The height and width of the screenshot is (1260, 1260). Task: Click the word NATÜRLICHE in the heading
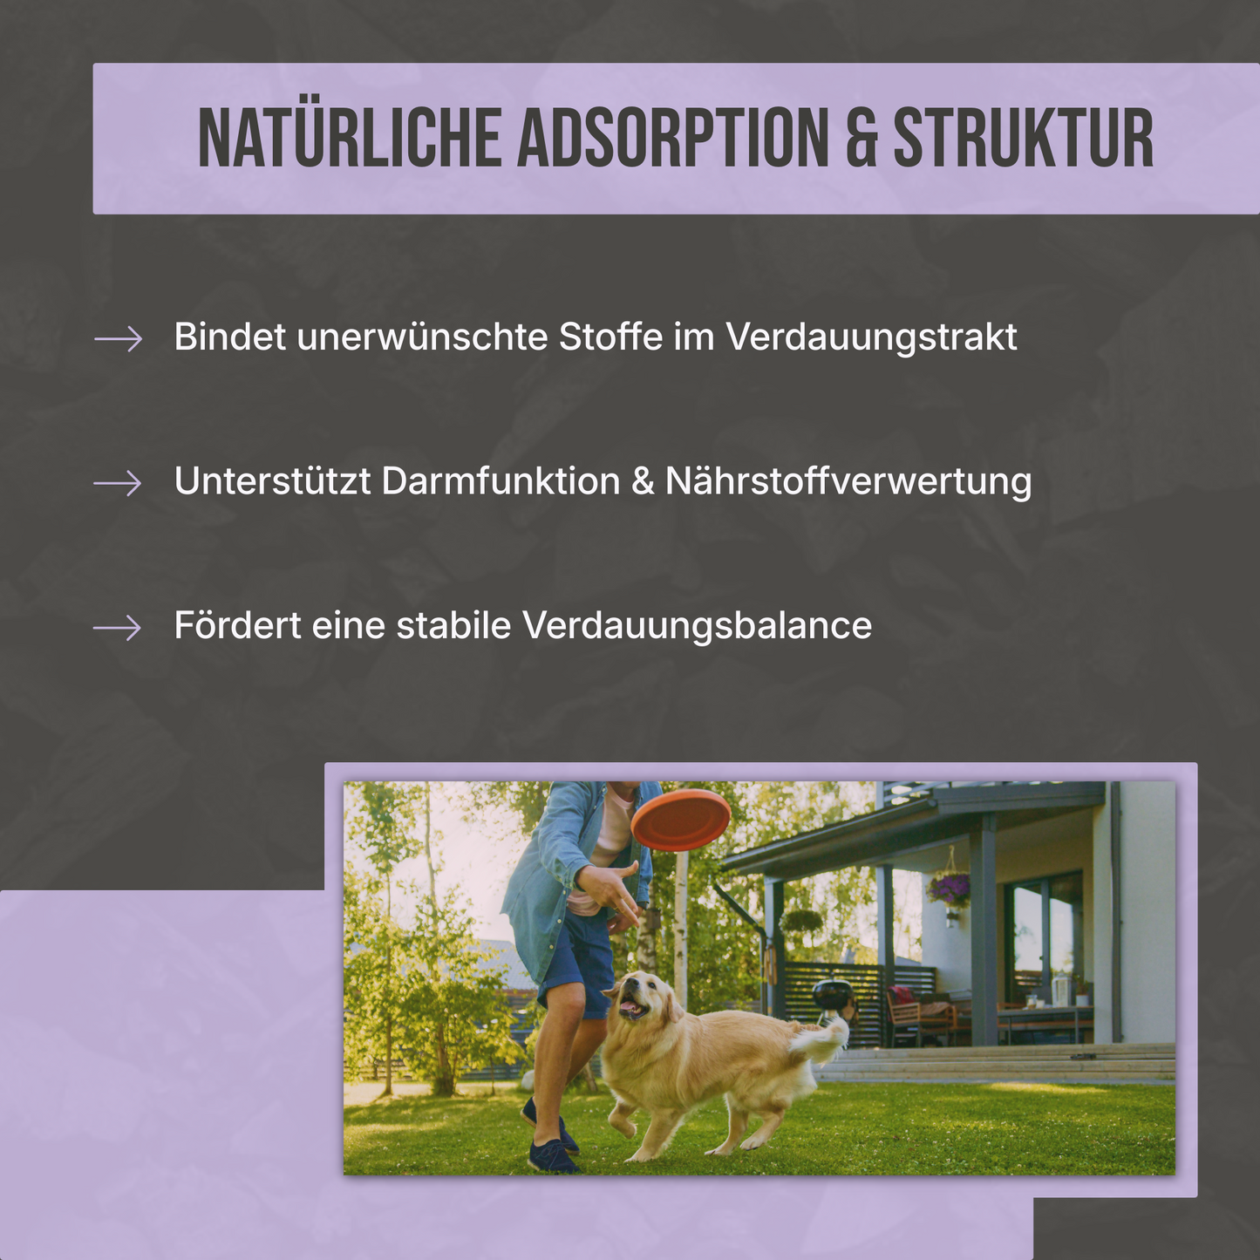click(x=350, y=138)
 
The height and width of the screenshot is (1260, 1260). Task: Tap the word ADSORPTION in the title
click(x=673, y=138)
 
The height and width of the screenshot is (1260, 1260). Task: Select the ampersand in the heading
click(x=861, y=138)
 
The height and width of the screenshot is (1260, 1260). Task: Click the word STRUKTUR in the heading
click(x=1024, y=138)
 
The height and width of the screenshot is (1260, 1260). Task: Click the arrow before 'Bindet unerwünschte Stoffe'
click(x=118, y=338)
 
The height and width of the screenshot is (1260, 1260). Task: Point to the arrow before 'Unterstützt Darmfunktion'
click(x=118, y=482)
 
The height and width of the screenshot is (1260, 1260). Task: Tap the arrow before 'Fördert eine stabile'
click(x=118, y=627)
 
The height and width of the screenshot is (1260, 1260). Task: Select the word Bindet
click(x=229, y=337)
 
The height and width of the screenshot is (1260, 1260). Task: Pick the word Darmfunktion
click(x=501, y=481)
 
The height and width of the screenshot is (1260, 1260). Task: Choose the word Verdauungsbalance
click(x=697, y=626)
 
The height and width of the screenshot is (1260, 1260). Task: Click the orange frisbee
click(x=680, y=820)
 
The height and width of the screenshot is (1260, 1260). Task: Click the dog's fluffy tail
click(x=824, y=1039)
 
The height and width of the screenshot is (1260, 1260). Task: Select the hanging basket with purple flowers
click(x=949, y=890)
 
